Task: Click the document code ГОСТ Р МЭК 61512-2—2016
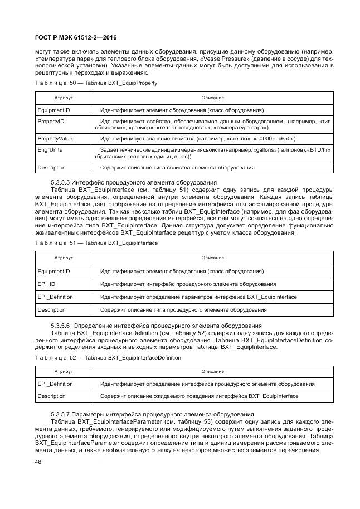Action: point(75,38)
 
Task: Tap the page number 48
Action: point(38,462)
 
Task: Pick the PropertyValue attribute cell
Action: point(55,138)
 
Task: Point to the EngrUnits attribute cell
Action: point(50,150)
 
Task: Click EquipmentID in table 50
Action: point(53,110)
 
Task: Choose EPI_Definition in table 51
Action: point(55,297)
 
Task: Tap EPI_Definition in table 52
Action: point(55,384)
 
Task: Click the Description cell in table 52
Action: point(51,396)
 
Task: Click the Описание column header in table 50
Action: point(212,98)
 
